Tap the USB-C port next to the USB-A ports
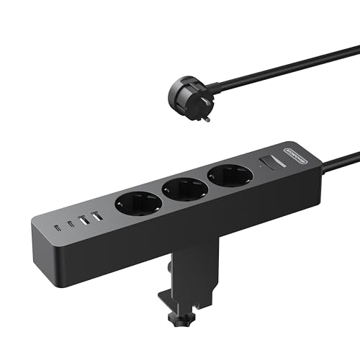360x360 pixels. coord(71,223)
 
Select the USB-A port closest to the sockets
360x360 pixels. coord(96,216)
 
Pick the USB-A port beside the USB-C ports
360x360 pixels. coord(84,220)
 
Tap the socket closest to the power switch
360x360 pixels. coord(228,176)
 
